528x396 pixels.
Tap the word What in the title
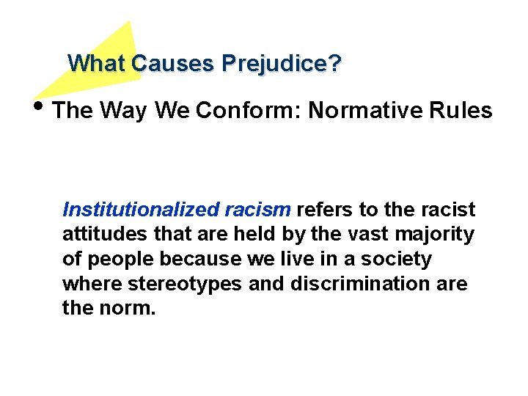point(97,64)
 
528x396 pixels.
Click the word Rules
point(463,111)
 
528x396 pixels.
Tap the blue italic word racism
point(257,210)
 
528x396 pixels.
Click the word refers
point(325,210)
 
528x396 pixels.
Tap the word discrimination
point(353,284)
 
